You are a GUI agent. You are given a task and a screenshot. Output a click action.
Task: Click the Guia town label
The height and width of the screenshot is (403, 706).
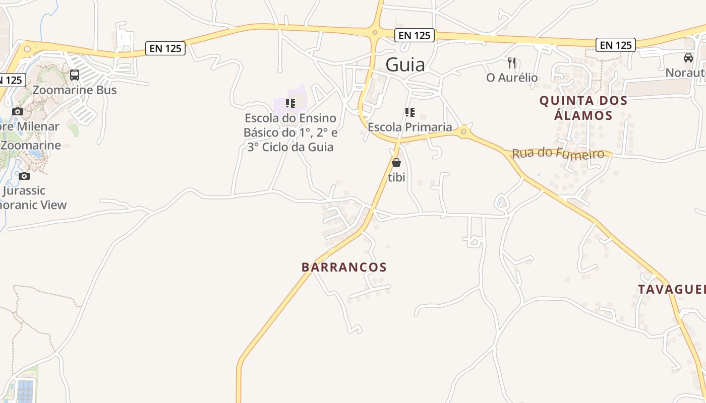click(x=405, y=64)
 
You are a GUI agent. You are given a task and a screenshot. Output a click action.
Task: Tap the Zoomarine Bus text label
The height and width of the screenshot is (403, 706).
click(x=75, y=90)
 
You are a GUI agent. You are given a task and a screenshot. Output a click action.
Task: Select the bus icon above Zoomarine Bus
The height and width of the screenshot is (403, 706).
click(x=75, y=75)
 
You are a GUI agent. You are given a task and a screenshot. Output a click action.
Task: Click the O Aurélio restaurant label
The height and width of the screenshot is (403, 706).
click(x=512, y=78)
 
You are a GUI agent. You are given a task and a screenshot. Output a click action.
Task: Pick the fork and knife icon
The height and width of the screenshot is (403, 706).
click(x=512, y=63)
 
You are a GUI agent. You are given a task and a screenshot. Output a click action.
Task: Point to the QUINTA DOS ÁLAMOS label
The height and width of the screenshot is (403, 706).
click(x=583, y=108)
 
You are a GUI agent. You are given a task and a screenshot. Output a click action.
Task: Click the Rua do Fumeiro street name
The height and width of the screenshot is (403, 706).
click(x=558, y=153)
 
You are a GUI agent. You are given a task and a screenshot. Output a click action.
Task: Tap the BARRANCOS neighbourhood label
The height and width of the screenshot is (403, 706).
click(x=344, y=267)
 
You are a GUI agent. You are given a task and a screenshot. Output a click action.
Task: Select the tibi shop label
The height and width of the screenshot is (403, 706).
click(x=396, y=177)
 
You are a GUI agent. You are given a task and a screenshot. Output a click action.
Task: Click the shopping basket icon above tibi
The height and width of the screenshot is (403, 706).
click(x=396, y=163)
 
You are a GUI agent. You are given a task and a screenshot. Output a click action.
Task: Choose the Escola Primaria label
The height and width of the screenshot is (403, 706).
click(x=409, y=127)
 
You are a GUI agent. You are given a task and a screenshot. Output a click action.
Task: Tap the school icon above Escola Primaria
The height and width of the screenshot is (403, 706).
click(x=409, y=112)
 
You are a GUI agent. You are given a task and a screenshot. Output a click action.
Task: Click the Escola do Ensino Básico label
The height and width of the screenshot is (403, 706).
click(x=290, y=132)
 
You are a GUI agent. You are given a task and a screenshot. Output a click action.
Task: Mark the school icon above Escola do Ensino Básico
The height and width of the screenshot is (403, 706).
click(x=290, y=103)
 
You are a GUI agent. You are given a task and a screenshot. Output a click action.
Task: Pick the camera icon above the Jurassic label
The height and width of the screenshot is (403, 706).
click(x=24, y=176)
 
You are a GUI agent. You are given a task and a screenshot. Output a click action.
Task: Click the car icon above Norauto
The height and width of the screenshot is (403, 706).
click(x=688, y=58)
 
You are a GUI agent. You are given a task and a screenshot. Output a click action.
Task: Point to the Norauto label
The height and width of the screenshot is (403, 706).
click(x=686, y=73)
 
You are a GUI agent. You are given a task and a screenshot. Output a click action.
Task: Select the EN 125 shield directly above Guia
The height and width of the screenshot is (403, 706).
click(x=415, y=35)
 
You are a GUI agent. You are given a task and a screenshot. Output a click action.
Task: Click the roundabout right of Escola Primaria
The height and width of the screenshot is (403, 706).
click(x=463, y=132)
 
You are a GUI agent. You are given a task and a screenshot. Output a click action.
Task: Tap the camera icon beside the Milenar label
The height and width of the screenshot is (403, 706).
click(x=18, y=111)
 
